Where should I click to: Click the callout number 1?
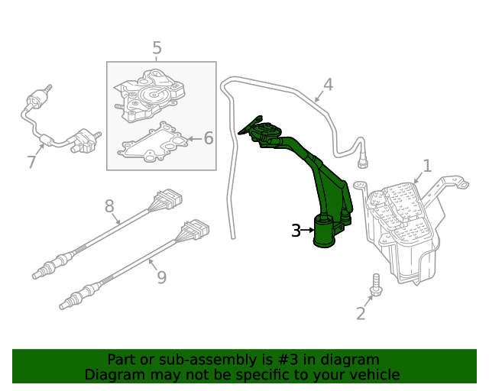coord(427,165)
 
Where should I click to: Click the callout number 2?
coord(361,312)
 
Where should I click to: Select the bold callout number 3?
coord(296,230)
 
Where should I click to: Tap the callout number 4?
coord(328,84)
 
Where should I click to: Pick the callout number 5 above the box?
coord(157,49)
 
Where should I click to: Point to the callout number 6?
coord(208,138)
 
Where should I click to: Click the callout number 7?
coord(31,162)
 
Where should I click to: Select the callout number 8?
coord(109,205)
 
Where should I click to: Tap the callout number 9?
coord(161,276)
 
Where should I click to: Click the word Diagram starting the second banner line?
coord(113,374)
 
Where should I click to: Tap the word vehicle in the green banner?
coord(374,374)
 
